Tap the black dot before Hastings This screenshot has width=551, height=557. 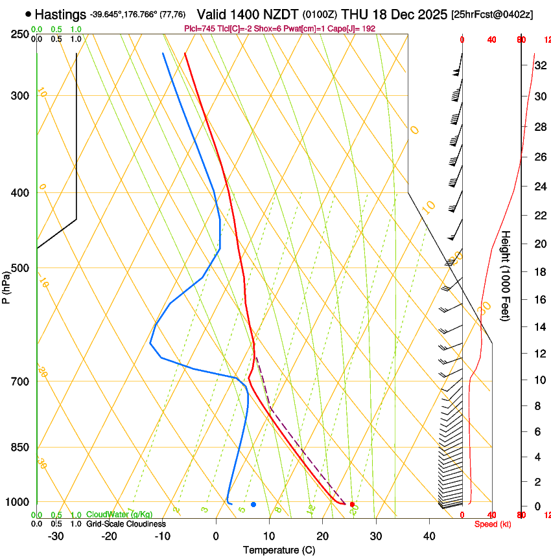pyautogui.click(x=28, y=14)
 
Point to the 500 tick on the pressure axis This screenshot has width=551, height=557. pyautogui.click(x=20, y=268)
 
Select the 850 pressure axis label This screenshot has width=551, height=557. pyautogui.click(x=20, y=448)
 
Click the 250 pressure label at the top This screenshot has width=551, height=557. pyautogui.click(x=20, y=34)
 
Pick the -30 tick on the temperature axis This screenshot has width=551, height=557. pyautogui.click(x=56, y=536)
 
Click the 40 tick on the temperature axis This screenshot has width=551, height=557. pyautogui.click(x=429, y=536)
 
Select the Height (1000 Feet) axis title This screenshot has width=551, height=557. pyautogui.click(x=506, y=275)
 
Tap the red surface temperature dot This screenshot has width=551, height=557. pyautogui.click(x=352, y=504)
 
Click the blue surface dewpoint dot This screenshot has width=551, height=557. pyautogui.click(x=253, y=504)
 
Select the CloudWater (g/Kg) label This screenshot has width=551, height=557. pyautogui.click(x=119, y=515)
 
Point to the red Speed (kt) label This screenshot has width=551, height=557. pyautogui.click(x=493, y=524)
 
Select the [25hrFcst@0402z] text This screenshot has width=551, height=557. pyautogui.click(x=492, y=14)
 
